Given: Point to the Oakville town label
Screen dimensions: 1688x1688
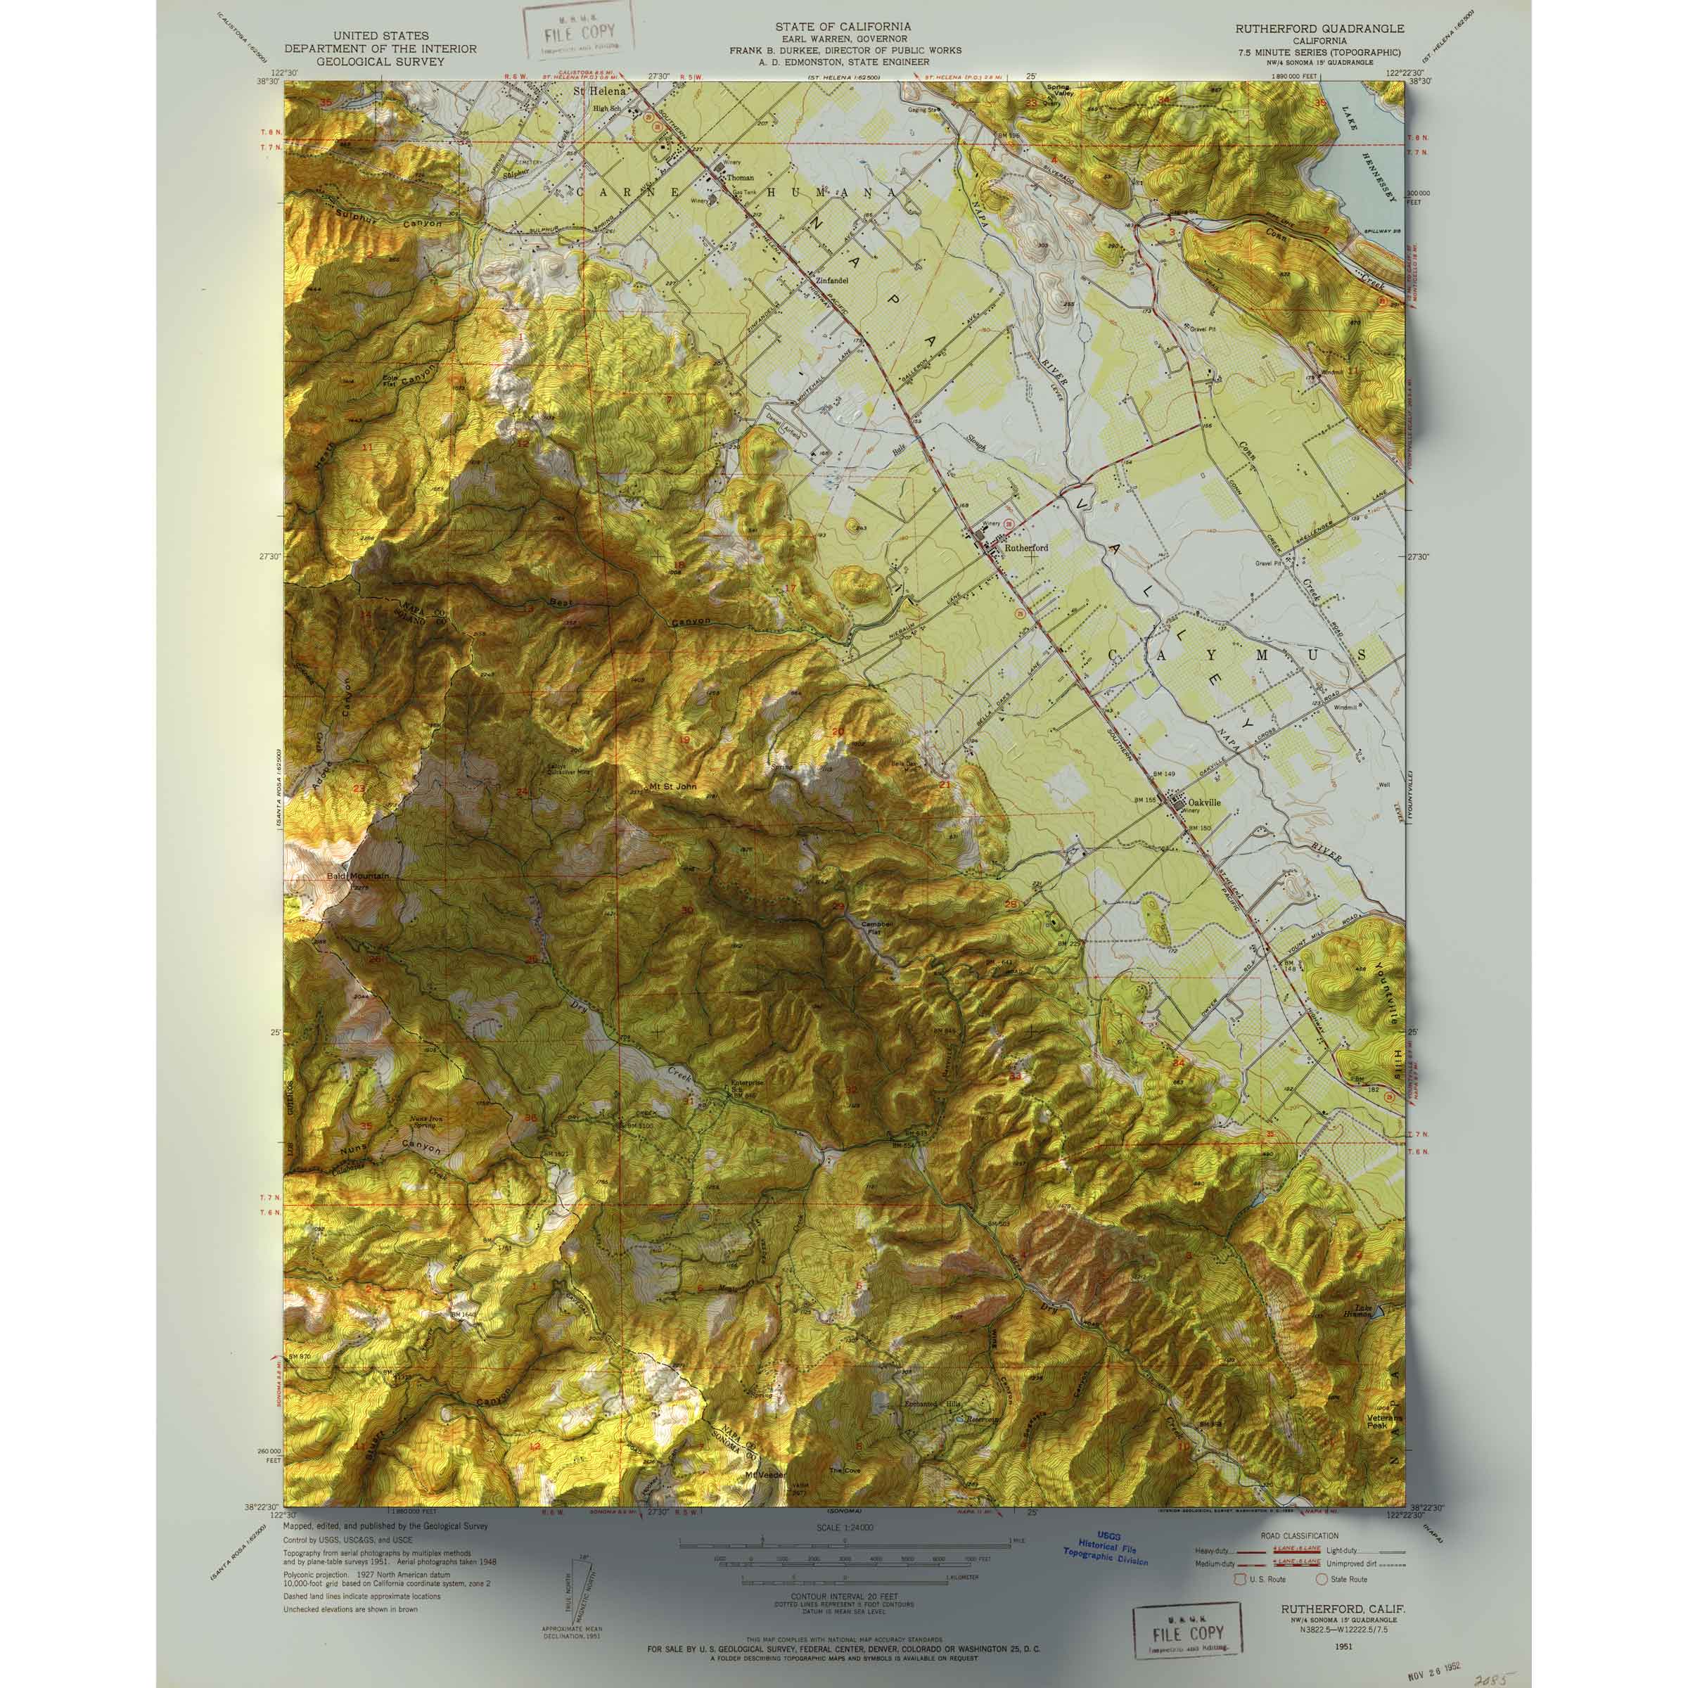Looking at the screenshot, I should tap(1203, 800).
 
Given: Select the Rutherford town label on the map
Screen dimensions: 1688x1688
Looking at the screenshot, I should tap(1025, 548).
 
